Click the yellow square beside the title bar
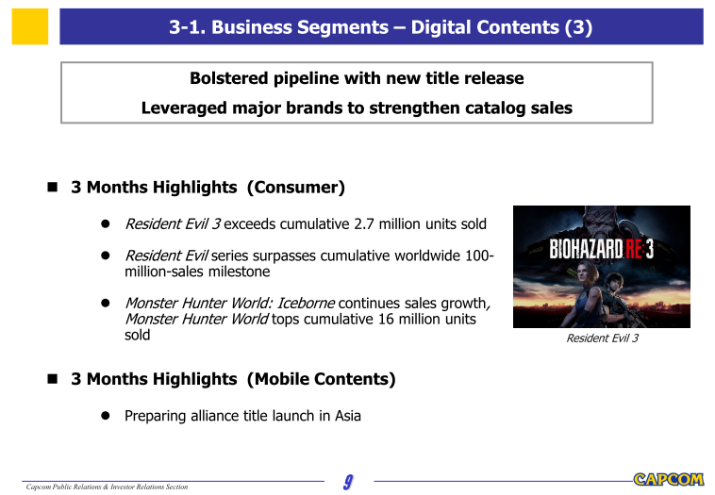pyautogui.click(x=30, y=26)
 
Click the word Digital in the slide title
pyautogui.click(x=439, y=27)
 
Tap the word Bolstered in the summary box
pyautogui.click(x=229, y=78)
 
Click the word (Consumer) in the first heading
pyautogui.click(x=296, y=188)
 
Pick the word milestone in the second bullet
pyautogui.click(x=239, y=272)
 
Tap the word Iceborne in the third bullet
pyautogui.click(x=306, y=303)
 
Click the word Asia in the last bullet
pyautogui.click(x=348, y=416)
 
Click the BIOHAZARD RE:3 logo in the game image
pyautogui.click(x=602, y=249)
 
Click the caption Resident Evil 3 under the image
pyautogui.click(x=602, y=338)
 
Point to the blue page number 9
pyautogui.click(x=348, y=482)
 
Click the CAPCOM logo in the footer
pyautogui.click(x=669, y=479)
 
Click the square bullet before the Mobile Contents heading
pyautogui.click(x=53, y=379)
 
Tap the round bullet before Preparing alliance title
pyautogui.click(x=106, y=416)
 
